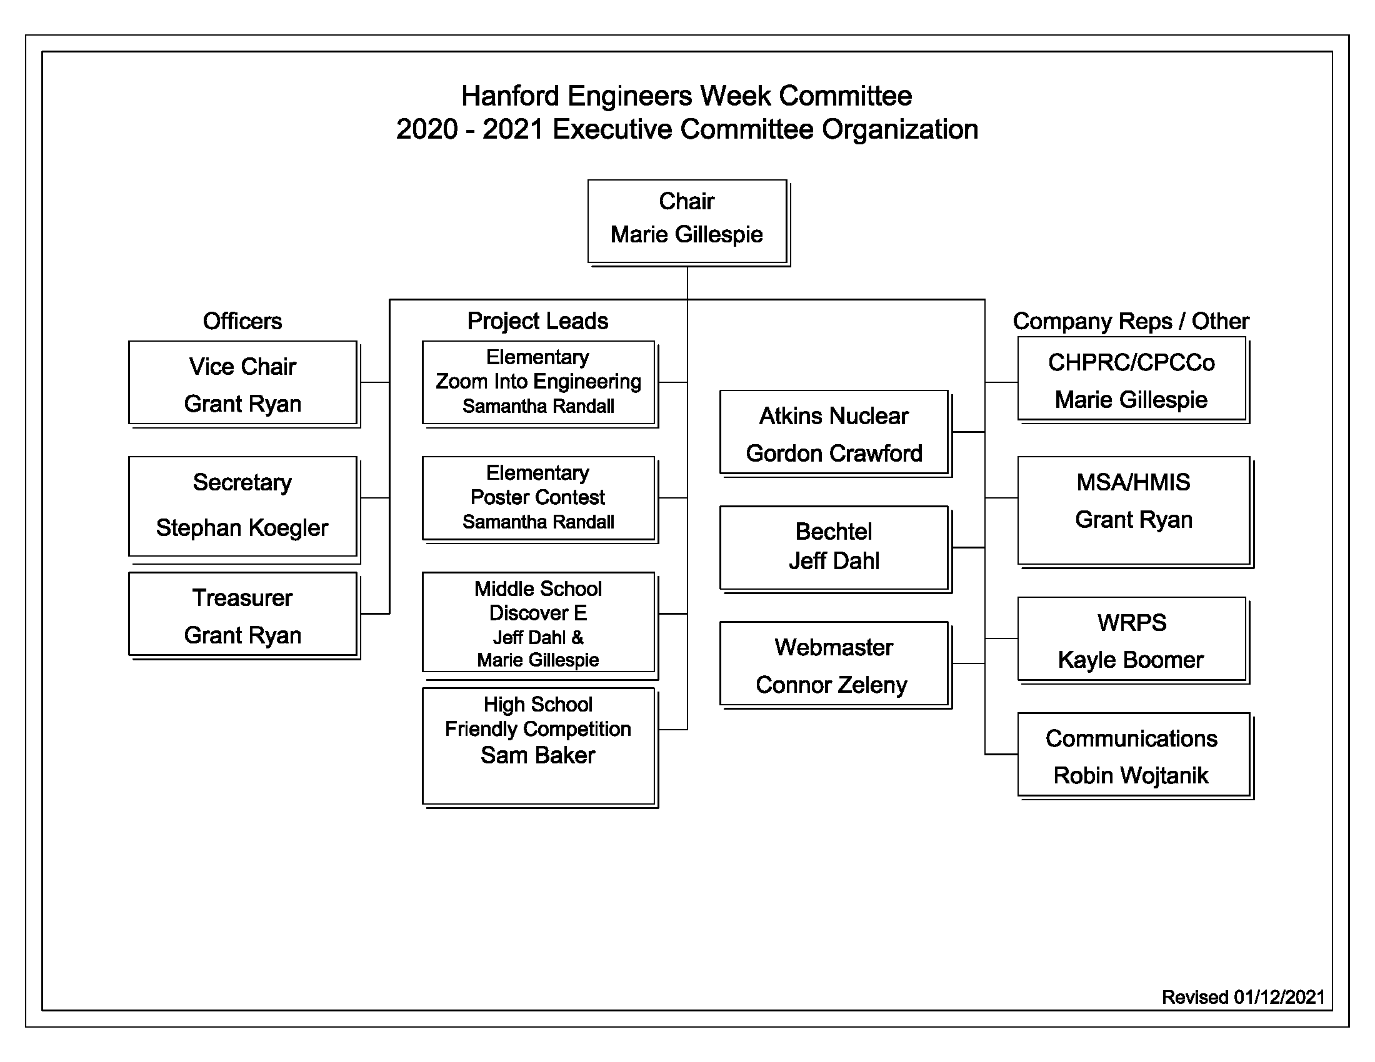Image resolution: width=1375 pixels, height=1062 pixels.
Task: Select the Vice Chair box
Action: coord(242,382)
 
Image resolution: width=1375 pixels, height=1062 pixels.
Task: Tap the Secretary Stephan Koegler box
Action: coord(242,506)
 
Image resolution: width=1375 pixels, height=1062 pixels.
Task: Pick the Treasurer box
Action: coord(242,614)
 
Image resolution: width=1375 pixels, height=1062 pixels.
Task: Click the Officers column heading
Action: coord(242,321)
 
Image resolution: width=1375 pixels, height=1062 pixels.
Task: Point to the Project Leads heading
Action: coord(537,321)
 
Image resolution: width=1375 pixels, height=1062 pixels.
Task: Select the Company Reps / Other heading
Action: coord(1131,321)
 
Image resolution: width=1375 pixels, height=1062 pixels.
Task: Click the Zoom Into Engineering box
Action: coord(538,382)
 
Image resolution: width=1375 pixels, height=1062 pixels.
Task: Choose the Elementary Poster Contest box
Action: coord(538,498)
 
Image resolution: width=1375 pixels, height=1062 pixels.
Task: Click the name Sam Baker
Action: coord(537,755)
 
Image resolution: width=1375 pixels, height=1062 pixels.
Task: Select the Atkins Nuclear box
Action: coord(834,432)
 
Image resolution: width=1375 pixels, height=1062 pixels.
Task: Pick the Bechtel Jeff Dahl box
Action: coord(834,547)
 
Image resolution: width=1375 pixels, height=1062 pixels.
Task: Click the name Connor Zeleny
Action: coord(831,685)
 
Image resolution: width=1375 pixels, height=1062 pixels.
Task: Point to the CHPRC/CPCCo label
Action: coord(1131,362)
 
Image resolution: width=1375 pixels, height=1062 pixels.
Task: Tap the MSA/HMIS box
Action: coord(1133,510)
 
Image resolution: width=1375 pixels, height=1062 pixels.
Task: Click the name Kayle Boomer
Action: coord(1131,659)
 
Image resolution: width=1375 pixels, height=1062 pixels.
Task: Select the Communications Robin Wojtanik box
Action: coord(1133,755)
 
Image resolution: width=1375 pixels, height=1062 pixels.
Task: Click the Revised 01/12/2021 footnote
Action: coord(1242,997)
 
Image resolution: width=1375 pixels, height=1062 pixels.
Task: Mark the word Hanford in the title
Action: coord(510,96)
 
